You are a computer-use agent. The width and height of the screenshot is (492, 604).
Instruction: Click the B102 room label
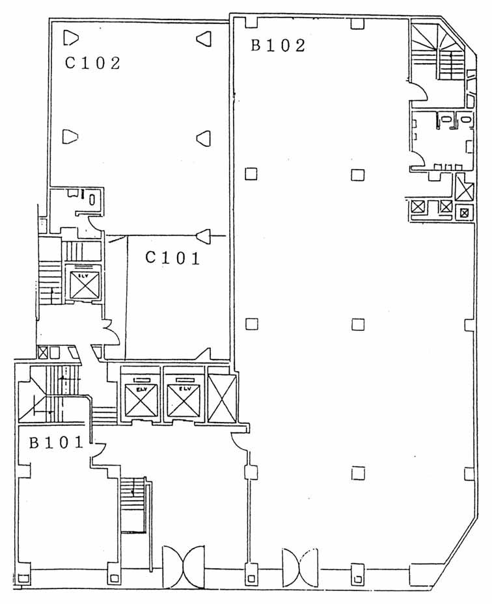pyautogui.click(x=278, y=45)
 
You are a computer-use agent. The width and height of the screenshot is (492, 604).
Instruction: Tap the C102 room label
pyautogui.click(x=92, y=63)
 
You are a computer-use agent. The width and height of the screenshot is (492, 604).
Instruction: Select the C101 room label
pyautogui.click(x=172, y=257)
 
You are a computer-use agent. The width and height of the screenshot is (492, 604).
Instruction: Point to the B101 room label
pyautogui.click(x=57, y=443)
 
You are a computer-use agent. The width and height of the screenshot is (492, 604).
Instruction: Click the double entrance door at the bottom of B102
pyautogui.click(x=300, y=567)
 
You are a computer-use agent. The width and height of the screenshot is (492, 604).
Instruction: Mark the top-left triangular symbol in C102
pyautogui.click(x=70, y=38)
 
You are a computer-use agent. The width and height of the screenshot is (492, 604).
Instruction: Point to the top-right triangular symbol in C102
pyautogui.click(x=204, y=38)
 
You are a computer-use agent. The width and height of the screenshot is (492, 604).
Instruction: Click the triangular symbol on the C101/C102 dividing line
pyautogui.click(x=204, y=235)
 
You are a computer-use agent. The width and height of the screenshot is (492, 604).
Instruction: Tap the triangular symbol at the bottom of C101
pyautogui.click(x=204, y=354)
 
